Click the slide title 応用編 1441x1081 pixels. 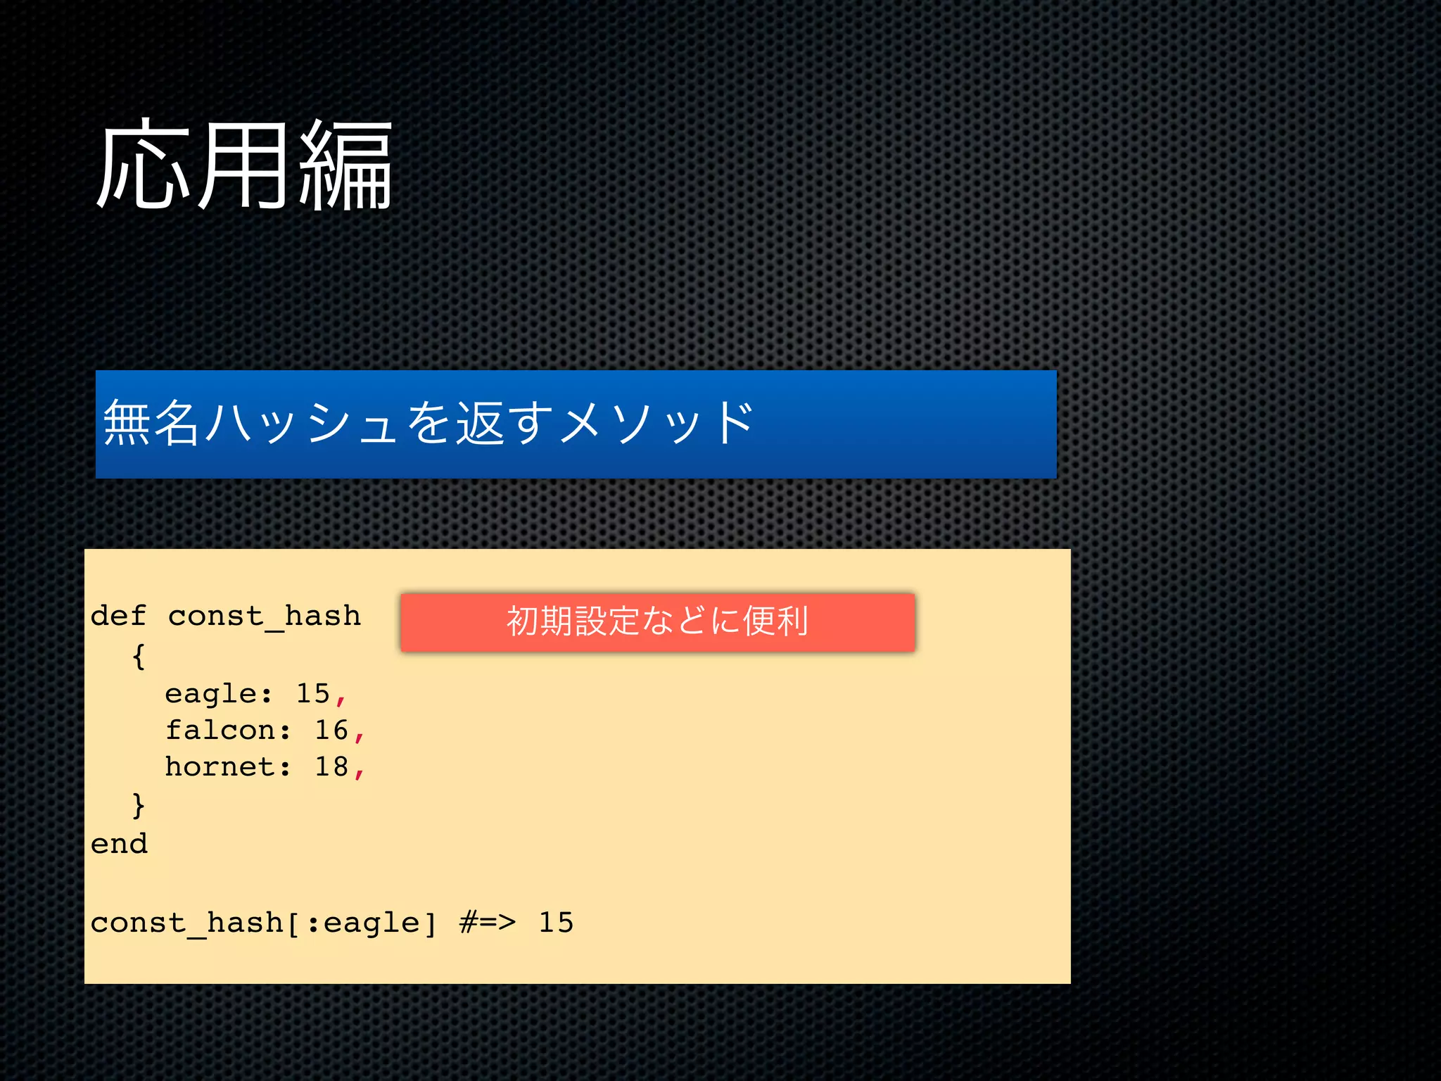click(x=243, y=166)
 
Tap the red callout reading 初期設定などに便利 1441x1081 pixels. click(x=657, y=622)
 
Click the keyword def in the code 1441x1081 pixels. click(x=118, y=616)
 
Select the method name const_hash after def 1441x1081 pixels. click(x=264, y=617)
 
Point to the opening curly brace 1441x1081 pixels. click(x=139, y=656)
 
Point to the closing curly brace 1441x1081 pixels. click(x=139, y=804)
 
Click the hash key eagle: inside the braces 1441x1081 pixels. click(x=218, y=695)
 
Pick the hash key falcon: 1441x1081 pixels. click(x=227, y=731)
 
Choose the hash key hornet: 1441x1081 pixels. click(x=227, y=767)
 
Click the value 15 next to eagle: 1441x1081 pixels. click(x=313, y=694)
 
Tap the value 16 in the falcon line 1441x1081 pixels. click(x=331, y=731)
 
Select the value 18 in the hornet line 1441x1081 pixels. click(x=331, y=767)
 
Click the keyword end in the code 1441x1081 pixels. click(x=119, y=844)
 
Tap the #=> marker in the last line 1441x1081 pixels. click(x=487, y=922)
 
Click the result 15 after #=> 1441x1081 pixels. click(x=556, y=923)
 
